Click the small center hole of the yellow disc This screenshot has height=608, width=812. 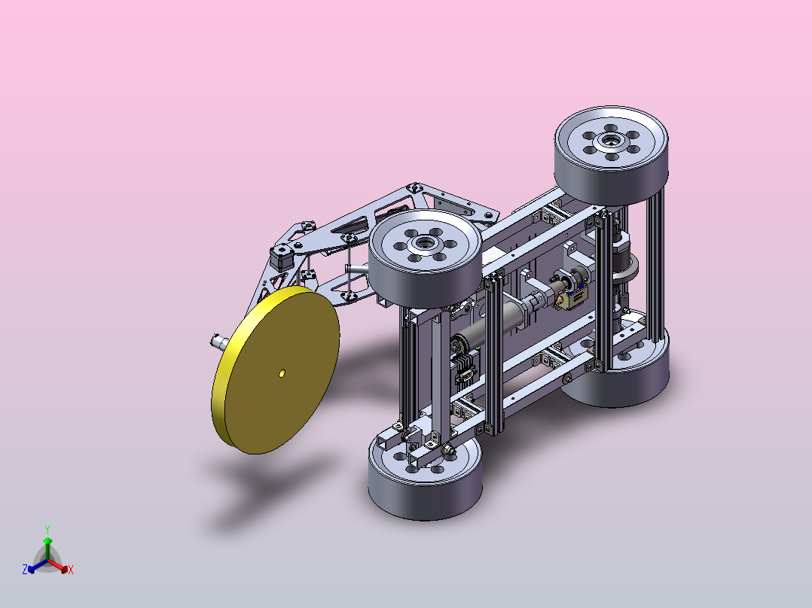282,373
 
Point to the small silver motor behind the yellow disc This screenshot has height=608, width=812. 219,342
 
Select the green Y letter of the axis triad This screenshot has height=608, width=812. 47,529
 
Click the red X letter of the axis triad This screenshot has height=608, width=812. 71,570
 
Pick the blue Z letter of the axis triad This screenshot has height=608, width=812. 25,569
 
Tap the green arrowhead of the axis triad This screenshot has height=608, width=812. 47,541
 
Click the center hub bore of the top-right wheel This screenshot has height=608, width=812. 611,139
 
